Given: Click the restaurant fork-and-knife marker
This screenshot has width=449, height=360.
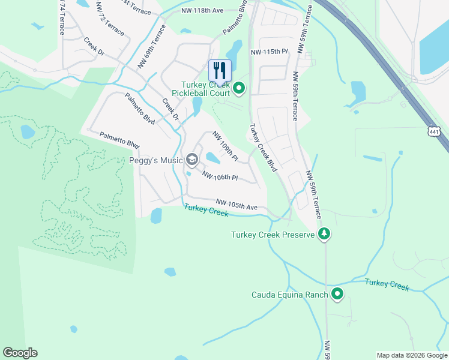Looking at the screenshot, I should coord(220,70).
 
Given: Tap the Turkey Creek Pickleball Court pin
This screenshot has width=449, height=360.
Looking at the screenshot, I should coord(239,89).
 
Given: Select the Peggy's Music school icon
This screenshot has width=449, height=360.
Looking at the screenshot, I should coord(192,160).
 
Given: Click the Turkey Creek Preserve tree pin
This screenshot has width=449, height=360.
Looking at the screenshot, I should coord(324,234).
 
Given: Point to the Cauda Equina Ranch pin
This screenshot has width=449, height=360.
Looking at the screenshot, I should coord(337,294).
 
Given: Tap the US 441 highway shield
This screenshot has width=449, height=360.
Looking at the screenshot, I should coord(435,131).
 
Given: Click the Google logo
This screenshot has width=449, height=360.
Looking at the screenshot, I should coord(20,353).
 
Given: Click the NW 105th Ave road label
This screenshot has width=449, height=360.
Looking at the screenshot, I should coord(237,205).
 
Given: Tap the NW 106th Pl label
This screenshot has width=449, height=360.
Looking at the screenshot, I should coord(220,176).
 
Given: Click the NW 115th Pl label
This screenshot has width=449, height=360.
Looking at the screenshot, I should coord(270,52).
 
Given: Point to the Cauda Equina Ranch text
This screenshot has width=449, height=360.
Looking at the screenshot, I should coord(289,295).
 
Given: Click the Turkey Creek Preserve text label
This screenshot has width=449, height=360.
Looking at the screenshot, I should coord(273,235).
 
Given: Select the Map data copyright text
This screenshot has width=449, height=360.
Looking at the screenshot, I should coord(411,355).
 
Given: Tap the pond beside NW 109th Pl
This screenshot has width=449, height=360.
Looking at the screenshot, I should coord(213,158).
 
